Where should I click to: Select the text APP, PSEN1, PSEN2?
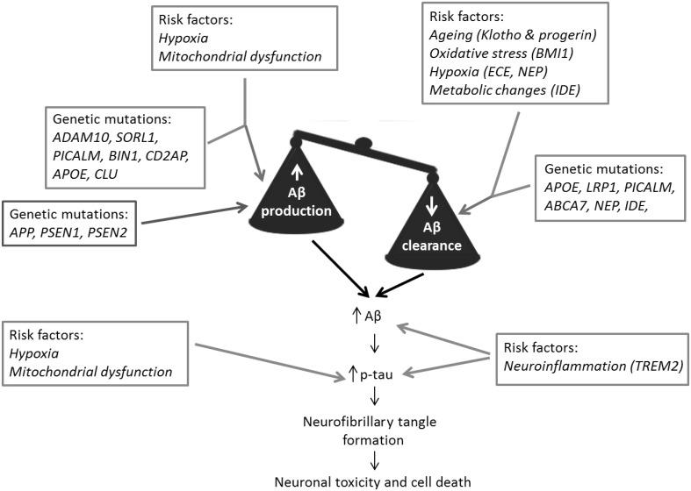tap(71, 235)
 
